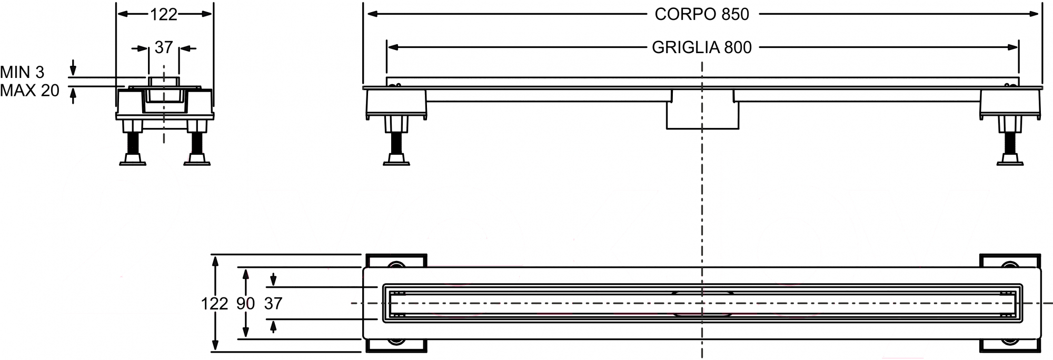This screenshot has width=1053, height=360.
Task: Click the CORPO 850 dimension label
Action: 702,14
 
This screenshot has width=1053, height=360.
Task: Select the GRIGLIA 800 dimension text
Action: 702,47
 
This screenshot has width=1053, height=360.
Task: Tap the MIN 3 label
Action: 22,72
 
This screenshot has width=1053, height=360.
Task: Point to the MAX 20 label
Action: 29,91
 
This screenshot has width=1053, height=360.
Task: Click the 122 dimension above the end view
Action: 164,15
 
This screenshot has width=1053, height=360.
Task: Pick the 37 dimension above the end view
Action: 164,47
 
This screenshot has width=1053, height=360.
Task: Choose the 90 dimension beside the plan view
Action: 245,303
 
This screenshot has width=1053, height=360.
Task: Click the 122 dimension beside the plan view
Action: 215,303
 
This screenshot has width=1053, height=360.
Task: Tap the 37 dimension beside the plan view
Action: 273,303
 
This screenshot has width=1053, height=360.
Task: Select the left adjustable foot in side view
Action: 396,141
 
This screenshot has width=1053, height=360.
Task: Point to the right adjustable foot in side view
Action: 1010,141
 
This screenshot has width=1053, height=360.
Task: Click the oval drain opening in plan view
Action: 702,303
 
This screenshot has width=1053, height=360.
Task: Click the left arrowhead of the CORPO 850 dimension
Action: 373,14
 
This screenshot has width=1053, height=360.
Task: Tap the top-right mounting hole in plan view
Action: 1010,265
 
